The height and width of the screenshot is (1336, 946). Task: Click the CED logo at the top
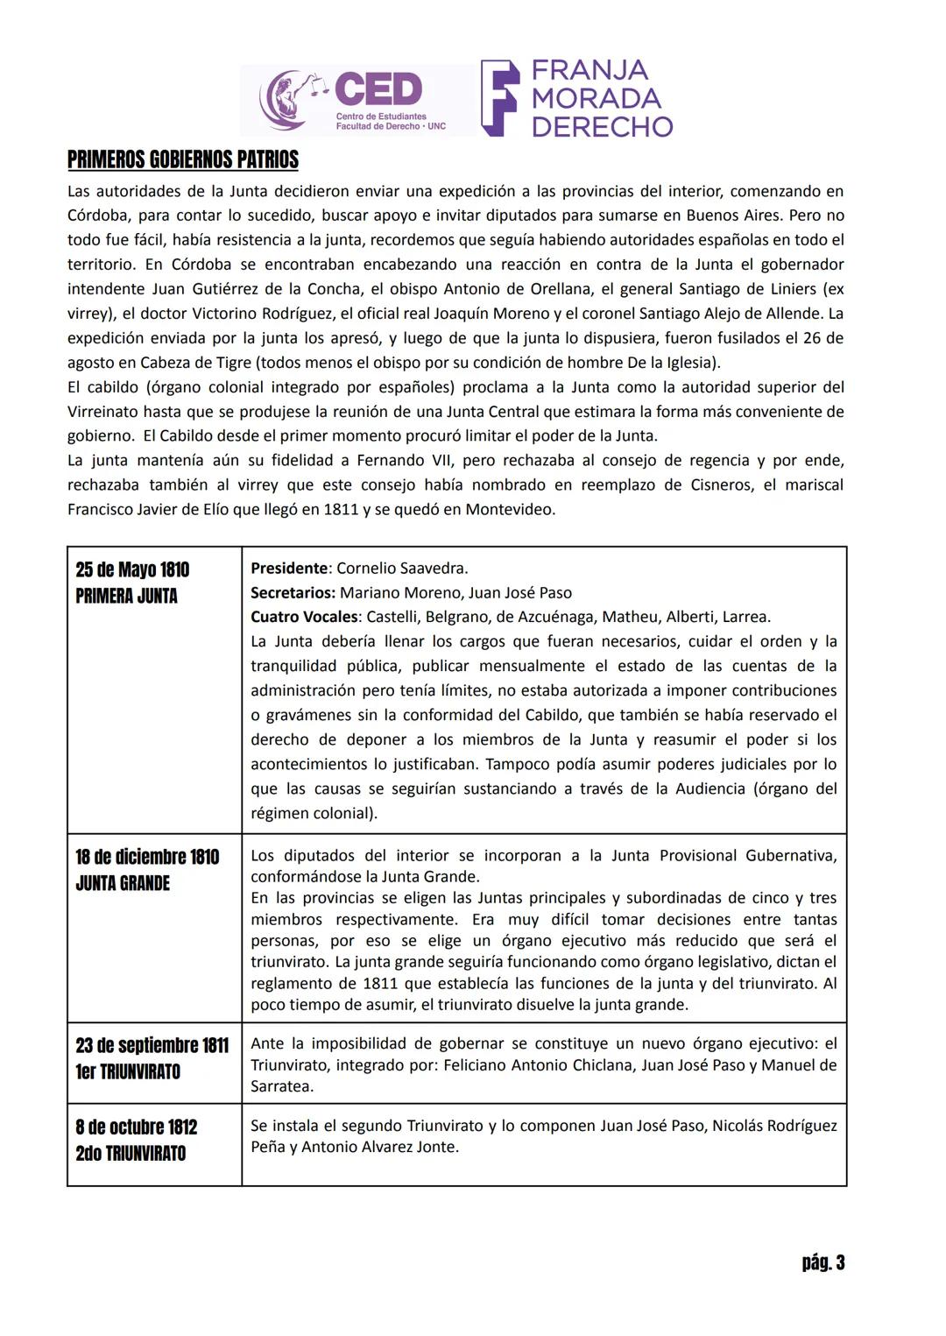(357, 99)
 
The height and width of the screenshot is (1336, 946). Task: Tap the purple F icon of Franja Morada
(499, 98)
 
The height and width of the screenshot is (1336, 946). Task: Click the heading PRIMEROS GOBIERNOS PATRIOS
(182, 159)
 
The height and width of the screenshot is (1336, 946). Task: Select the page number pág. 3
(822, 1262)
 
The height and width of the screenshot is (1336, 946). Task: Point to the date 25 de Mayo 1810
(132, 569)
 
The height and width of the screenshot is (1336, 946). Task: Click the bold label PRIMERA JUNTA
(126, 596)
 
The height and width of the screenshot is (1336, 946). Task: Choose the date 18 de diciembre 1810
(147, 857)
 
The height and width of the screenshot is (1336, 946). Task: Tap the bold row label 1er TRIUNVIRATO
(128, 1071)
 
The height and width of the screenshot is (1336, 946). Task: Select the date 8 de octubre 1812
(137, 1127)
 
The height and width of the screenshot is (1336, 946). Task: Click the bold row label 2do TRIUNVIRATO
(131, 1153)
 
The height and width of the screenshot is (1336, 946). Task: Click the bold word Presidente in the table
(289, 568)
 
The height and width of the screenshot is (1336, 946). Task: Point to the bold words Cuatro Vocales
(304, 617)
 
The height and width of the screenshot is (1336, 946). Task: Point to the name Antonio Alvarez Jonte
(379, 1147)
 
